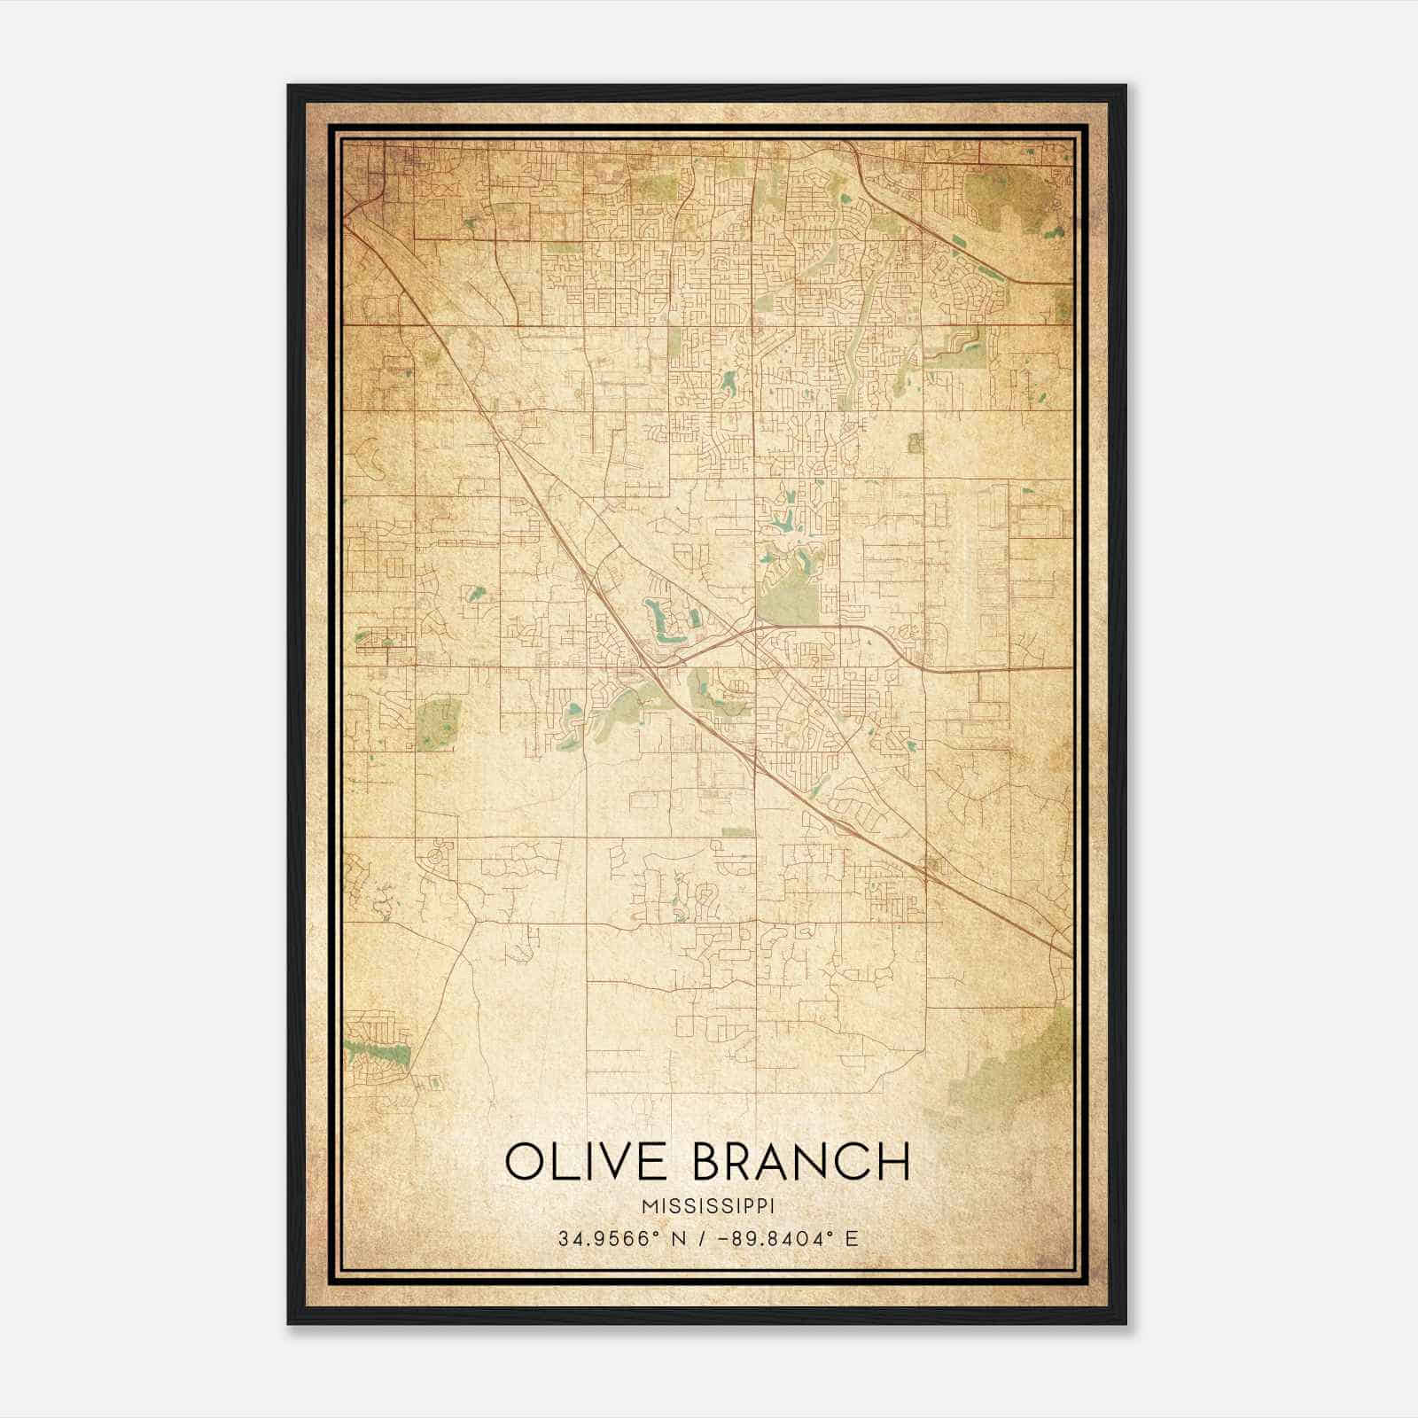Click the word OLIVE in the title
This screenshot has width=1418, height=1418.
pyautogui.click(x=588, y=1162)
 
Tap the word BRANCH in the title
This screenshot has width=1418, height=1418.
pyautogui.click(x=801, y=1162)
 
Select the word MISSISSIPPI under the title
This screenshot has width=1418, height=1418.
pyautogui.click(x=708, y=1206)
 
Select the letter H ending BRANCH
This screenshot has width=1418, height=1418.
pyautogui.click(x=895, y=1162)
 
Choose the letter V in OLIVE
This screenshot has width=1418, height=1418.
pyautogui.click(x=618, y=1162)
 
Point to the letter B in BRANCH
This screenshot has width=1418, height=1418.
pyautogui.click(x=706, y=1162)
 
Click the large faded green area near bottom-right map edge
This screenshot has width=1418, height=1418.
pyautogui.click(x=1019, y=1063)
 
